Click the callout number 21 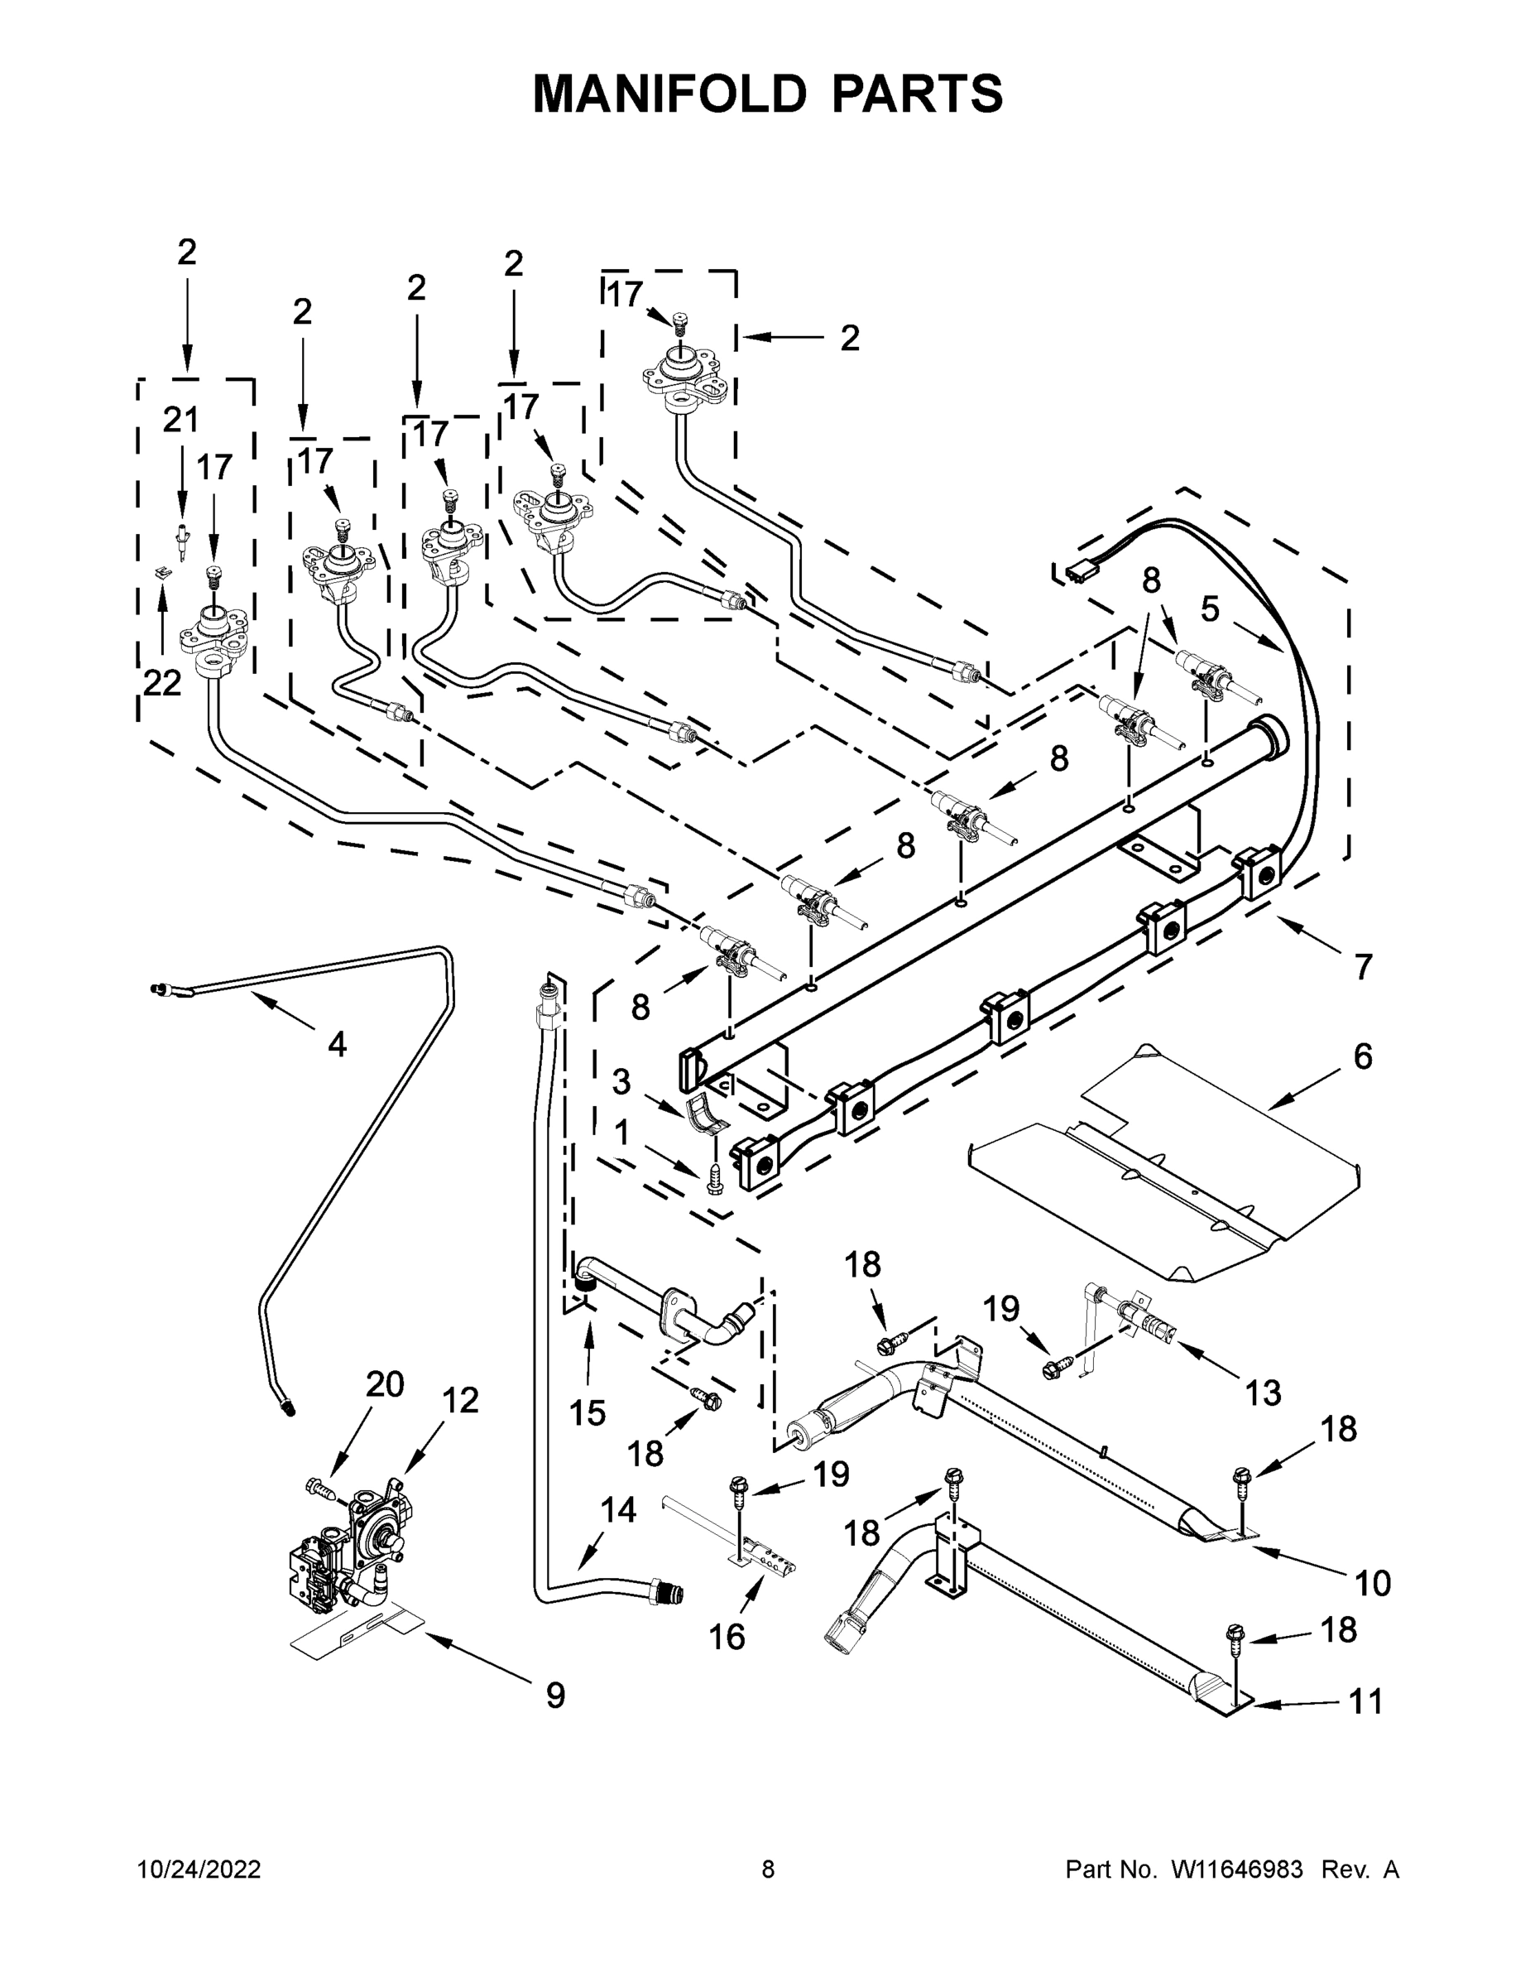pyautogui.click(x=180, y=420)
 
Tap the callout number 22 pyautogui.click(x=162, y=683)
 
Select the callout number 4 pyautogui.click(x=337, y=1045)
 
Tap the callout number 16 pyautogui.click(x=727, y=1637)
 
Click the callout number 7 pyautogui.click(x=1362, y=967)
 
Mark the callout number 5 pyautogui.click(x=1210, y=609)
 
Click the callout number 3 pyautogui.click(x=621, y=1082)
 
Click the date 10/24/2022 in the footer pyautogui.click(x=199, y=1869)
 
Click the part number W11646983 pyautogui.click(x=1238, y=1869)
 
